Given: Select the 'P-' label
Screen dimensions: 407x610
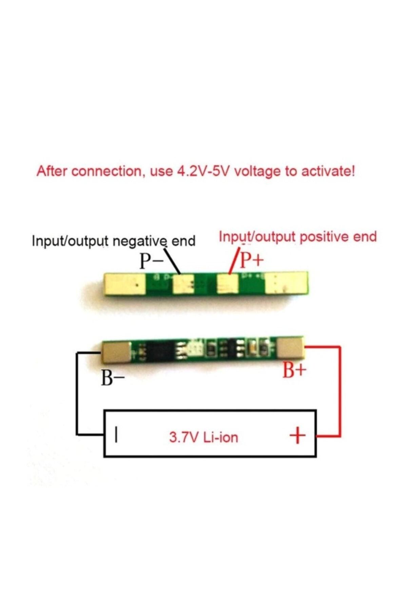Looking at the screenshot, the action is tap(151, 262).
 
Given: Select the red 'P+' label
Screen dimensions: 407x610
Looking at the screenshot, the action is tap(252, 260).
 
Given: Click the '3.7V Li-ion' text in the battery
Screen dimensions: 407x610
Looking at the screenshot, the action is tap(203, 437).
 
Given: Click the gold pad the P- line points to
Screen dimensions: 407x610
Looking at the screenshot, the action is tap(183, 284).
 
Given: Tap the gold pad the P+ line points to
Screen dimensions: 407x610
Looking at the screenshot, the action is tap(228, 283).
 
